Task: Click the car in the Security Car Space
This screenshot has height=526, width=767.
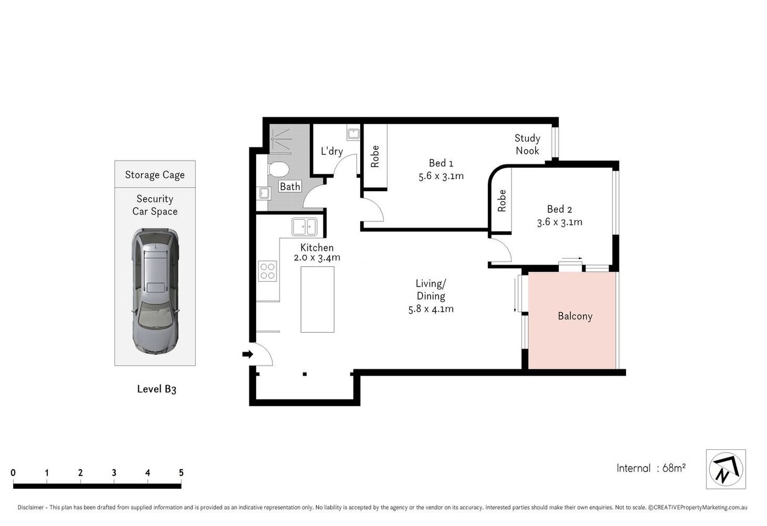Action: (x=155, y=291)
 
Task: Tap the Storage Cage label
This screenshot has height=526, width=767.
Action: (x=155, y=175)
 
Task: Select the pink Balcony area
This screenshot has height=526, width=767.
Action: (x=573, y=329)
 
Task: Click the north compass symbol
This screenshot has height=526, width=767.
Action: (x=725, y=470)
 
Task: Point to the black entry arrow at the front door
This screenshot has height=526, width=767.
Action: (x=248, y=355)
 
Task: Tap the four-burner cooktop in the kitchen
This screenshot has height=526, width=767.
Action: (x=268, y=271)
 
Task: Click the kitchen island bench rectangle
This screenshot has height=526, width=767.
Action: (x=317, y=299)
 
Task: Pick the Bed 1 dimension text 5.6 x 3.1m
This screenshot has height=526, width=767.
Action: (x=441, y=176)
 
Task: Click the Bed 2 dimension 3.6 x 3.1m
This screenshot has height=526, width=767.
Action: (x=559, y=222)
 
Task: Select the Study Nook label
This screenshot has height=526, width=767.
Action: (x=527, y=145)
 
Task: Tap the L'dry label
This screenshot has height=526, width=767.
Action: (x=332, y=151)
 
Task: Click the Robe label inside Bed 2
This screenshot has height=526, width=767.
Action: (x=502, y=201)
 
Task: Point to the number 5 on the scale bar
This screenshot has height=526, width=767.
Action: (x=181, y=473)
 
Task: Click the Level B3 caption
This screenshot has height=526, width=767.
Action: (x=156, y=389)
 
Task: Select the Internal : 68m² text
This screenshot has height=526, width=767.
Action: (x=651, y=468)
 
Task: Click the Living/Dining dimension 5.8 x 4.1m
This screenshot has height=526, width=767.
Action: (x=430, y=309)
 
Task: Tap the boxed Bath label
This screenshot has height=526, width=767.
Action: (x=289, y=186)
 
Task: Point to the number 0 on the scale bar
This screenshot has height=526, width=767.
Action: (x=13, y=473)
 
